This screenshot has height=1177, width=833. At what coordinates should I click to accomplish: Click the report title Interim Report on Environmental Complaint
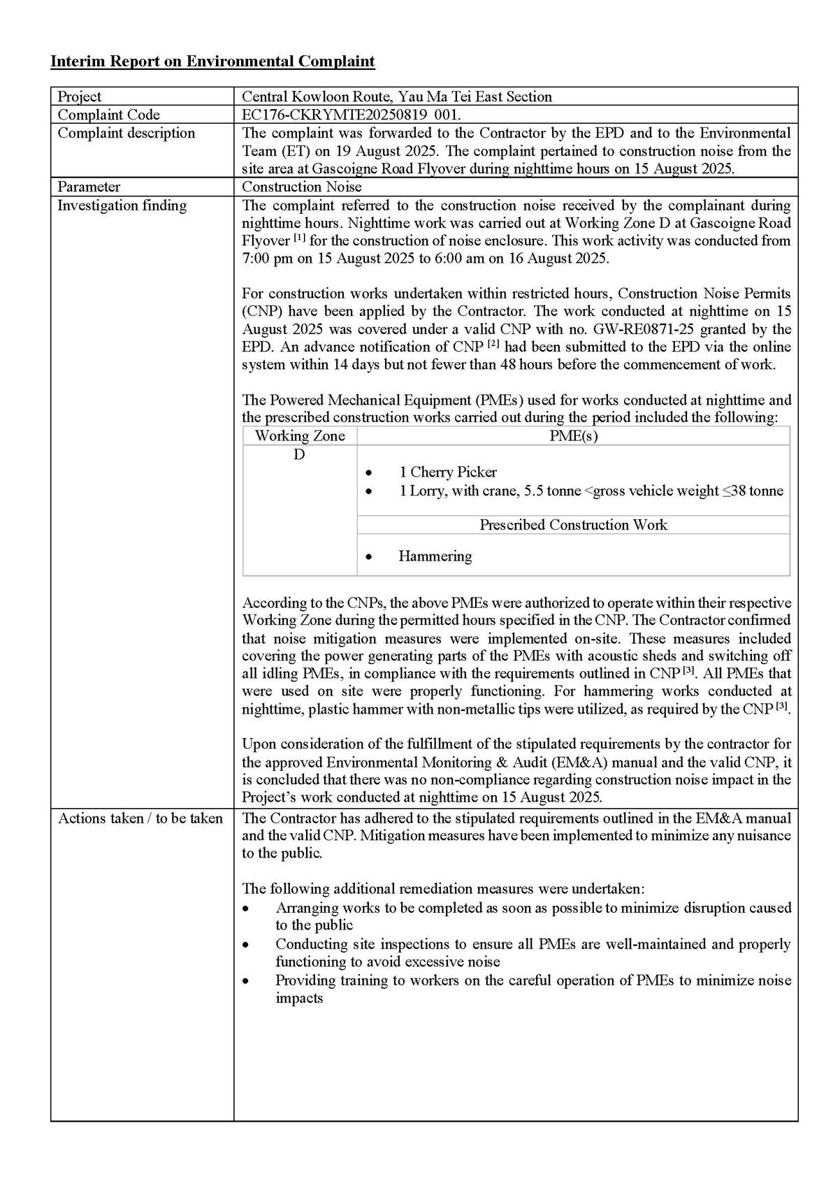click(x=212, y=62)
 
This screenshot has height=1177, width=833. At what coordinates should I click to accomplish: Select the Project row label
click(x=79, y=96)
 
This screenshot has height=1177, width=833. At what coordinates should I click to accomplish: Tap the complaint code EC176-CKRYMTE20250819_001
click(x=351, y=115)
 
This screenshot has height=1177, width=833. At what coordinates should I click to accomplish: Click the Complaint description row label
click(x=126, y=133)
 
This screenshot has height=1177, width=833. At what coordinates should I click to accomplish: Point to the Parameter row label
click(x=88, y=187)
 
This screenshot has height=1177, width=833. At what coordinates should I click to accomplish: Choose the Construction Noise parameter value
click(x=302, y=187)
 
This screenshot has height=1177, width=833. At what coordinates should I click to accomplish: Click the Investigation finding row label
click(x=122, y=205)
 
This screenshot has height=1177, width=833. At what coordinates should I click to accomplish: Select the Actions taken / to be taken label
click(x=140, y=818)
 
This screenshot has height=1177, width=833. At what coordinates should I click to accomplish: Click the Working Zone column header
click(x=300, y=436)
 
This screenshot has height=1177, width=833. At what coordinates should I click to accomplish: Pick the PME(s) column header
click(x=573, y=436)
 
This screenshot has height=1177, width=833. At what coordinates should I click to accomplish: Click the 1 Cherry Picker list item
click(x=447, y=472)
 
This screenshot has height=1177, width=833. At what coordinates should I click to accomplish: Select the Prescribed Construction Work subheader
click(x=573, y=525)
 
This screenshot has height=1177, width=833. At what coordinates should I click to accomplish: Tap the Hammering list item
click(x=435, y=556)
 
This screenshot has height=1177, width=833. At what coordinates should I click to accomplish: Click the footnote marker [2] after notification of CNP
click(x=493, y=345)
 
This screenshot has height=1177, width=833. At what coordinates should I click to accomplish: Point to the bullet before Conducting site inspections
click(x=245, y=945)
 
